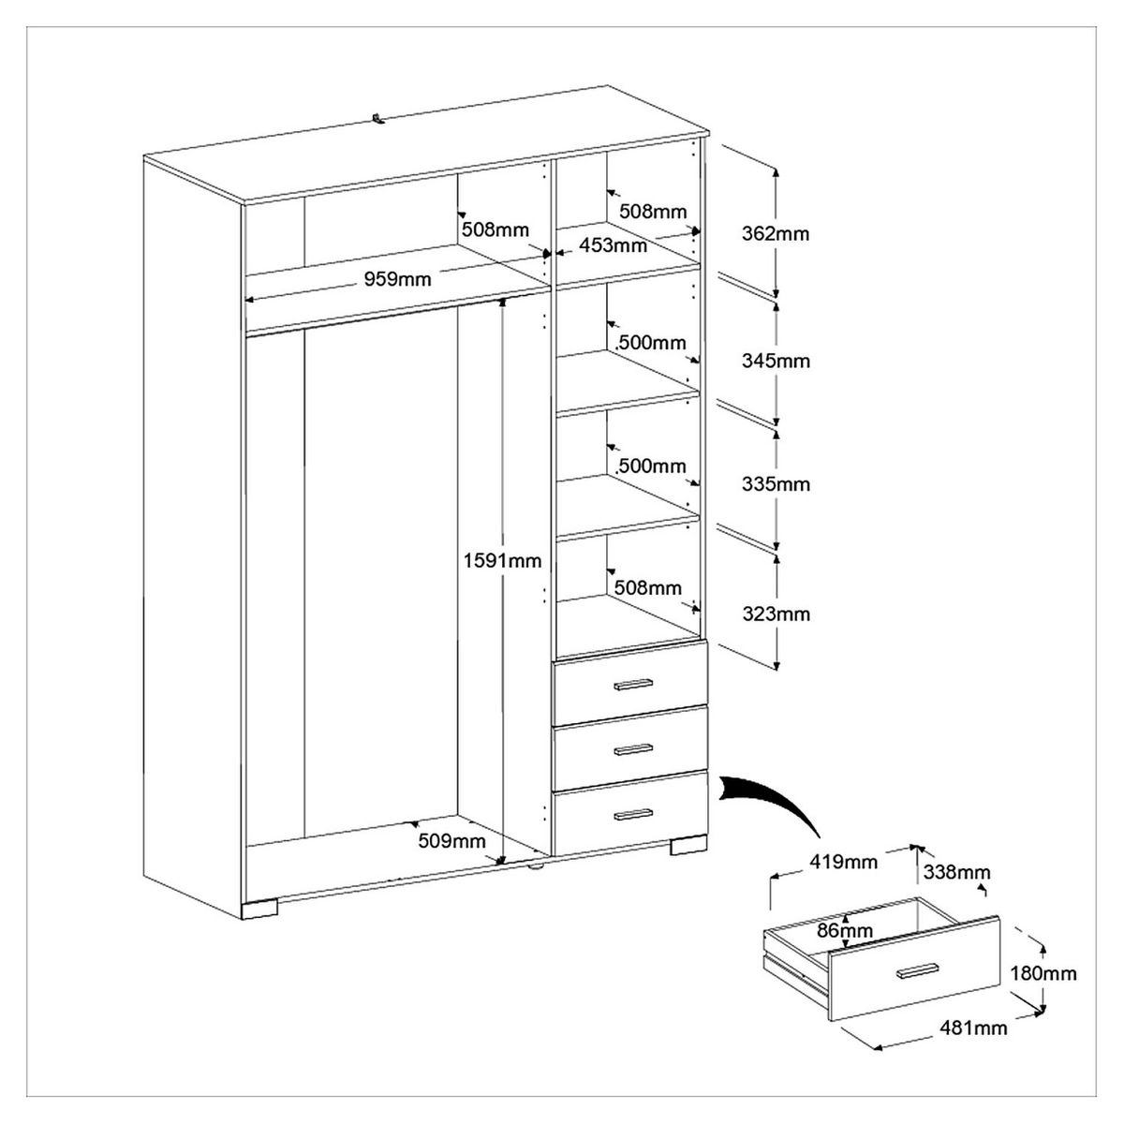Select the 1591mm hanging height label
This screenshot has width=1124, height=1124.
[x=502, y=560]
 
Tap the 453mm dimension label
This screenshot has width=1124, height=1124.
[x=613, y=246]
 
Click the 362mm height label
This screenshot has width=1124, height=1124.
[x=775, y=233]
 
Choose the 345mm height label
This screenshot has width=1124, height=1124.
[x=775, y=361]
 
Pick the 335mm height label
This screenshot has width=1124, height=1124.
[x=775, y=484]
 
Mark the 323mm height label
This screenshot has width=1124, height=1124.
[x=775, y=614]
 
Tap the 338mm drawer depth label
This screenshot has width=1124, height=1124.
[x=956, y=872]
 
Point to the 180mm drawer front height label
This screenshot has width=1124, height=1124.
[x=1043, y=973]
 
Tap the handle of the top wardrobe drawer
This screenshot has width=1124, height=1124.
[x=633, y=686]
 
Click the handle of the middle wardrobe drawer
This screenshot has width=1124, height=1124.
[x=633, y=749]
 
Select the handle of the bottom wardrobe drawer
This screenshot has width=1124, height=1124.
[x=633, y=814]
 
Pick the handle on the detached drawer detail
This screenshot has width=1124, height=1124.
[x=917, y=969]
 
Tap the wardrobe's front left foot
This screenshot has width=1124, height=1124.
[x=260, y=908]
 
